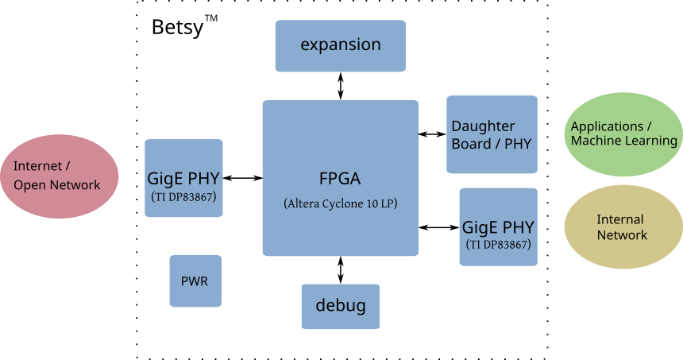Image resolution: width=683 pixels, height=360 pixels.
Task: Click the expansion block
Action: tap(340, 45)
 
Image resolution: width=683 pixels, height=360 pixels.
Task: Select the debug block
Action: tap(340, 306)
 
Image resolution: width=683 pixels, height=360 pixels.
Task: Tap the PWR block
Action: tap(195, 281)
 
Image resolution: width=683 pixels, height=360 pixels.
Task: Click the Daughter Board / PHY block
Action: tap(492, 134)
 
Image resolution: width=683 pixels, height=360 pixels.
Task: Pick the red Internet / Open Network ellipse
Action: tap(58, 176)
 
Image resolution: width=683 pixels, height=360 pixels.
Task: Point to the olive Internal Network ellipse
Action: tap(623, 227)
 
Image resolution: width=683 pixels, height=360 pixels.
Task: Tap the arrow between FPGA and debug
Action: tap(341, 270)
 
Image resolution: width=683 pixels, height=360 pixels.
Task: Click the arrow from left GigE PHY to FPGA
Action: tap(243, 178)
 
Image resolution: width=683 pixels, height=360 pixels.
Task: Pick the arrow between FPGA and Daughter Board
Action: tap(433, 134)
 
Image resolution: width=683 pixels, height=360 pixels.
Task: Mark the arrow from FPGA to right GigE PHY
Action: tap(439, 227)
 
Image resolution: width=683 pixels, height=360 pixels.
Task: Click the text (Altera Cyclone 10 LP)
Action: tap(340, 203)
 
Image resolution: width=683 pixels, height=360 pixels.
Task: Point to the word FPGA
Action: tap(340, 177)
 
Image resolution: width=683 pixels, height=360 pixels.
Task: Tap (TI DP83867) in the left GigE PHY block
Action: tap(183, 196)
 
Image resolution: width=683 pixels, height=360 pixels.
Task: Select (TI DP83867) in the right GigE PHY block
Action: tap(498, 244)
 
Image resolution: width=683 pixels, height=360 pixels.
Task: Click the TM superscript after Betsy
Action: tap(211, 19)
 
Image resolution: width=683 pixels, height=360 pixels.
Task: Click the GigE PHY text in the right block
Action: tap(498, 226)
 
